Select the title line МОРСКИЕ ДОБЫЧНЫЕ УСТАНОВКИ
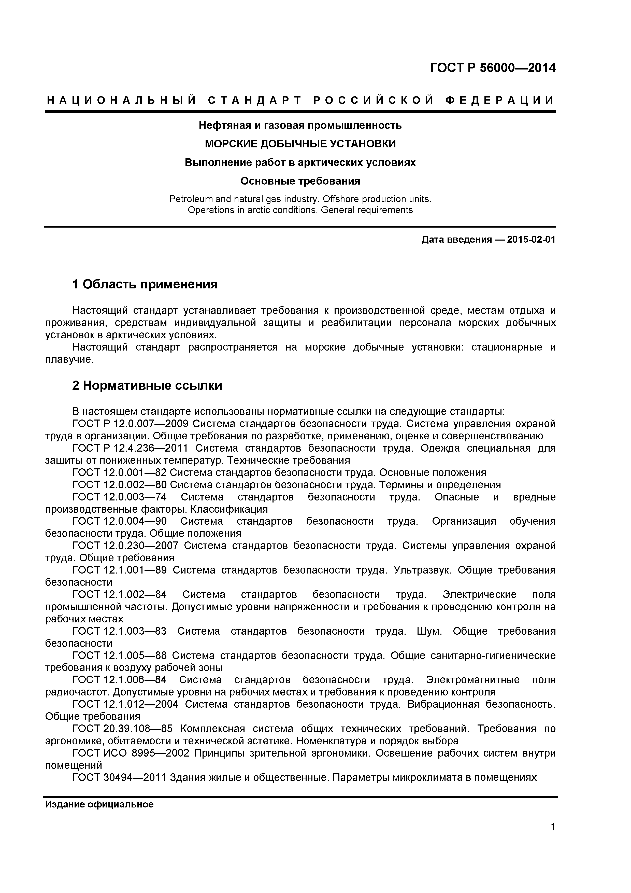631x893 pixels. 300,144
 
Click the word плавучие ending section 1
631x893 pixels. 69,360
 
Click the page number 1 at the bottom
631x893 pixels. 552,838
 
